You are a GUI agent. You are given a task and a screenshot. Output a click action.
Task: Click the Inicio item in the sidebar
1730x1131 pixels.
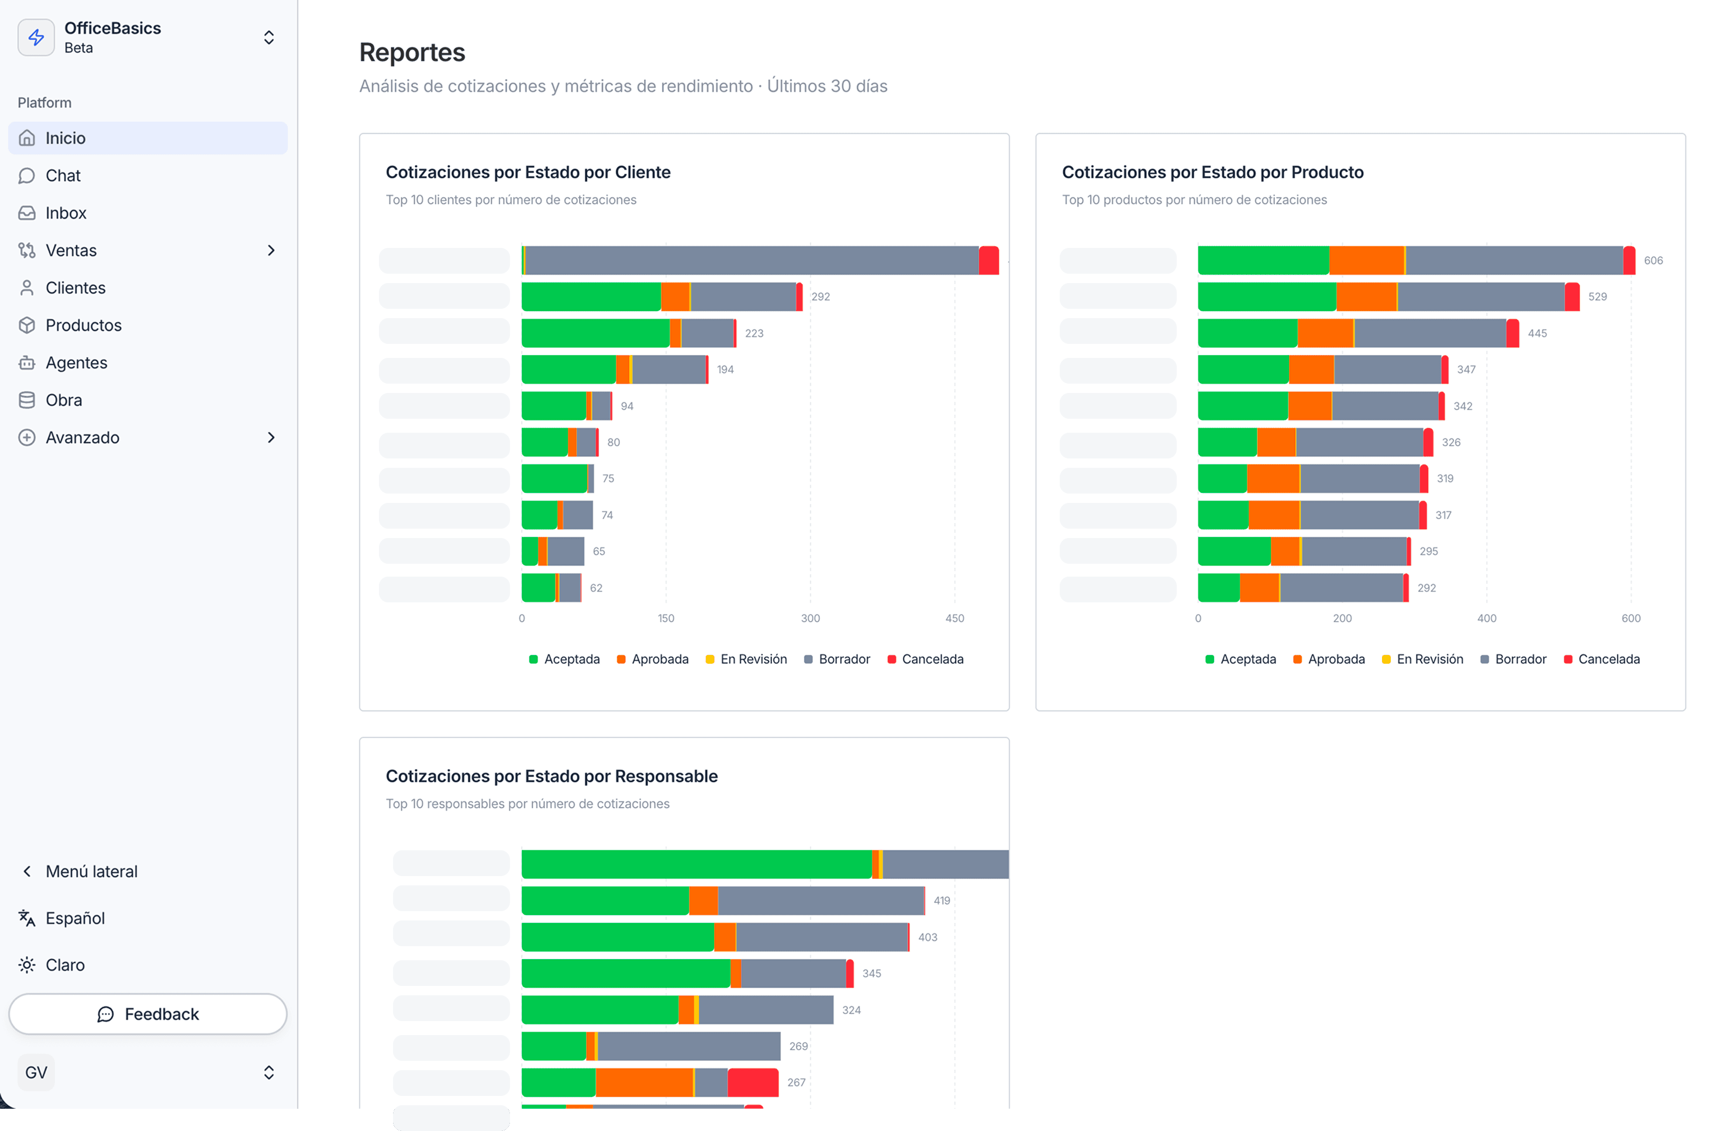point(66,138)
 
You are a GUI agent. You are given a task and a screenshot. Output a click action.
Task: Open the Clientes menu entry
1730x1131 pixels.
point(75,288)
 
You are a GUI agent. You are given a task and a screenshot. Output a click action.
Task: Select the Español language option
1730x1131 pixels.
point(75,918)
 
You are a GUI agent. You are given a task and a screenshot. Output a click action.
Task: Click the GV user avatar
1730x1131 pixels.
point(36,1072)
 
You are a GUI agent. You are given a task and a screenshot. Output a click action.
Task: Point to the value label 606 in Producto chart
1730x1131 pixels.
point(1653,260)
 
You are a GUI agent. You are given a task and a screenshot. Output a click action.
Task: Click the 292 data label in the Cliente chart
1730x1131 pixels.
point(820,296)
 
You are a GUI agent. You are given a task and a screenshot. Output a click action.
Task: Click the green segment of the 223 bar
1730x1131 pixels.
point(595,333)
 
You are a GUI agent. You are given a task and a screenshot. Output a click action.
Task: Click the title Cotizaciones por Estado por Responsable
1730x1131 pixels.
point(551,776)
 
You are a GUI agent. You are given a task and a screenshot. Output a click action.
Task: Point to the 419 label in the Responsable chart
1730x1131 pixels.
point(942,901)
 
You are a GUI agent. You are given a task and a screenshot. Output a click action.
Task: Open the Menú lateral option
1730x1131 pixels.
point(91,871)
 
